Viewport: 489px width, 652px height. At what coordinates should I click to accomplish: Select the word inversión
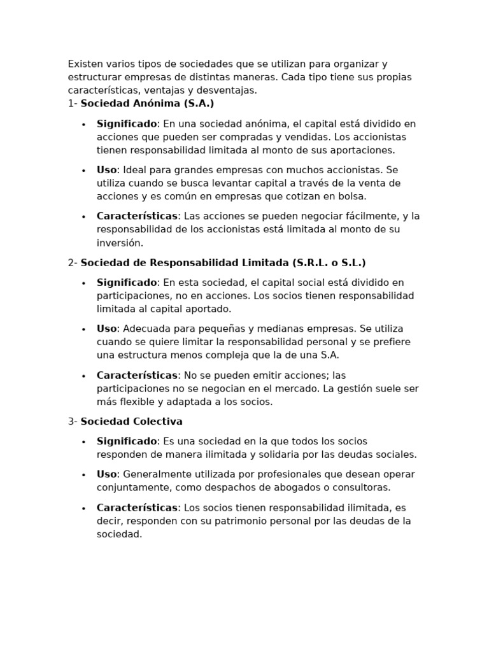coord(120,243)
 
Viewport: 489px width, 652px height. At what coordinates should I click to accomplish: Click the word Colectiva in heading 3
coord(158,422)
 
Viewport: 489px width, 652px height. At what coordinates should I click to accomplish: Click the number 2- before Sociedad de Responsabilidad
coord(73,262)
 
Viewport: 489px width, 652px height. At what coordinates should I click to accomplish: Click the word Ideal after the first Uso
coord(135,170)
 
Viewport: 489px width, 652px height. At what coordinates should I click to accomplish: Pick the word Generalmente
coord(157,474)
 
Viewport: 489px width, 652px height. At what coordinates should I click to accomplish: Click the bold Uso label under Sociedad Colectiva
coord(106,474)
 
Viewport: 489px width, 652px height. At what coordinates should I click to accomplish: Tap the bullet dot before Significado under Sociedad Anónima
coord(83,124)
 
